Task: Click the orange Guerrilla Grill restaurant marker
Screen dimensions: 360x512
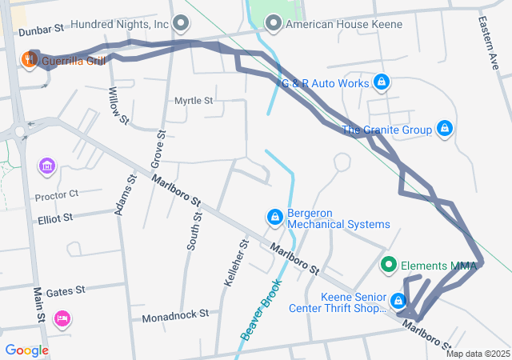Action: tap(30, 60)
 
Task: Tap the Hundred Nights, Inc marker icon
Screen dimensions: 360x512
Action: tap(182, 24)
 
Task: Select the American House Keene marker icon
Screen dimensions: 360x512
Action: tap(274, 24)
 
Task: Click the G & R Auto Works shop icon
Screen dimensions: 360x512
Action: tap(382, 82)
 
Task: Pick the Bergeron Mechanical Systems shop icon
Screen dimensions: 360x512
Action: tap(274, 217)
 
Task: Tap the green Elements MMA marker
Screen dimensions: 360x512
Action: tap(389, 265)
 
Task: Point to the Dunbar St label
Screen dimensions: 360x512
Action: tap(41, 30)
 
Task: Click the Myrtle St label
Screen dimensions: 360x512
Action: tap(194, 101)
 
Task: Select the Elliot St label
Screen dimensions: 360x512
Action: tap(54, 217)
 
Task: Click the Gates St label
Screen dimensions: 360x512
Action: tap(66, 293)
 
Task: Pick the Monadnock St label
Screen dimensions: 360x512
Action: tap(174, 317)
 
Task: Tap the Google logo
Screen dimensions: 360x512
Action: tap(26, 350)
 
